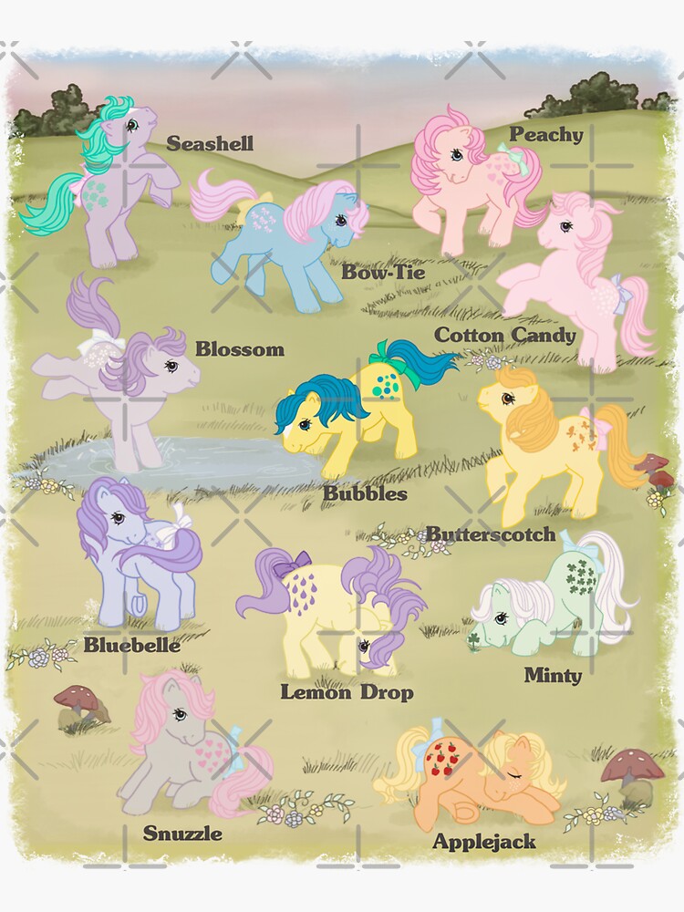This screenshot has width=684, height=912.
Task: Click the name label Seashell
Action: [x=210, y=144]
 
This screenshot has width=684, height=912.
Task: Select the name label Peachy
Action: [x=545, y=135]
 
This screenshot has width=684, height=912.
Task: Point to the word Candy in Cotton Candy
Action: [x=544, y=335]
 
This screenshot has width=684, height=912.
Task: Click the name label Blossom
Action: [x=239, y=349]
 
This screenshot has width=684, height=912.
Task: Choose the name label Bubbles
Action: [x=364, y=493]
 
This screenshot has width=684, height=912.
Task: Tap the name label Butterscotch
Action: [x=491, y=534]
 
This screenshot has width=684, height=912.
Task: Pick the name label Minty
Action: [x=553, y=676]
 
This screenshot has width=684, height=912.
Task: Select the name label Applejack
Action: [x=483, y=841]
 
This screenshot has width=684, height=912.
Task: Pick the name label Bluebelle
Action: [x=131, y=645]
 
